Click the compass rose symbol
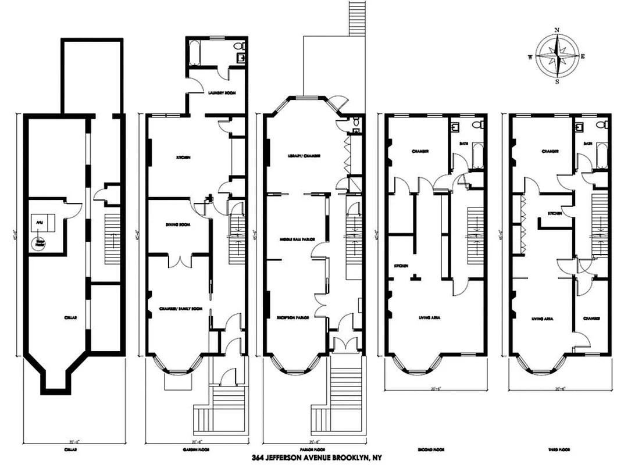(x=557, y=56)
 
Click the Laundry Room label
(x=221, y=93)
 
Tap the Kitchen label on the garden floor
(x=184, y=157)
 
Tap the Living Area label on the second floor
(x=429, y=319)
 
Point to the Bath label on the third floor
(x=588, y=143)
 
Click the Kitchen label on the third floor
(x=554, y=213)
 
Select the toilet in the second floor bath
(x=477, y=126)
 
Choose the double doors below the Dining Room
(x=178, y=261)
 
